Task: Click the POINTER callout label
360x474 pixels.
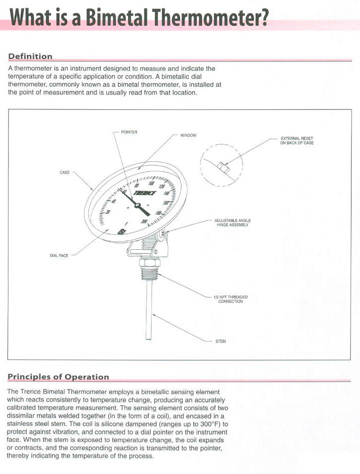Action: coord(129,132)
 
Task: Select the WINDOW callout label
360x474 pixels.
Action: coord(188,135)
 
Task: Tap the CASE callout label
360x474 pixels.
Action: coord(64,172)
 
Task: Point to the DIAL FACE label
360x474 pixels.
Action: coord(58,255)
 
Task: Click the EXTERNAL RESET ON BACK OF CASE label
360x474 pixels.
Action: coord(296,140)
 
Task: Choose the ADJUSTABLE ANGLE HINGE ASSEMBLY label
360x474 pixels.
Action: coord(232,222)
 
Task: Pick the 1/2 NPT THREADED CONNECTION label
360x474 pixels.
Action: coord(230,299)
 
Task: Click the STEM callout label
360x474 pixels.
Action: coord(220,341)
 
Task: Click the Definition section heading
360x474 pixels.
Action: coord(30,56)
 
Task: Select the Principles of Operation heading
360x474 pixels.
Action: coord(58,377)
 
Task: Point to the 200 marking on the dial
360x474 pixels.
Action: coord(144,221)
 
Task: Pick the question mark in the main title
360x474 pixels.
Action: coord(262,18)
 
